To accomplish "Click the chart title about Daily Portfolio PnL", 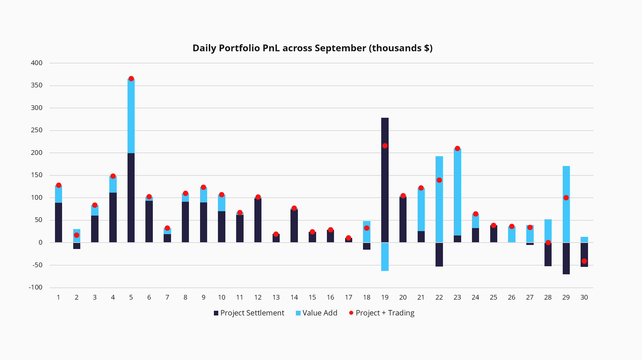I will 312,48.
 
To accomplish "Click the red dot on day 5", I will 131,79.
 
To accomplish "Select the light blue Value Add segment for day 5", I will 131,116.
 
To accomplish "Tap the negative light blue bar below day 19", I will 385,257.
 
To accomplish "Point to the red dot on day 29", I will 566,198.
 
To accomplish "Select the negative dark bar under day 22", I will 439,255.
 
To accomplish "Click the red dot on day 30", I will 584,261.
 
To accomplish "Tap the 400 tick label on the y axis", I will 37,63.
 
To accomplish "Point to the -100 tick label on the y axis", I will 36,287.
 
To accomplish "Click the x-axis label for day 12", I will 258,298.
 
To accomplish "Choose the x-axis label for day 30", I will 584,298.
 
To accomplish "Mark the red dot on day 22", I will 439,180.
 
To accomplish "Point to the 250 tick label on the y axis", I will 37,130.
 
